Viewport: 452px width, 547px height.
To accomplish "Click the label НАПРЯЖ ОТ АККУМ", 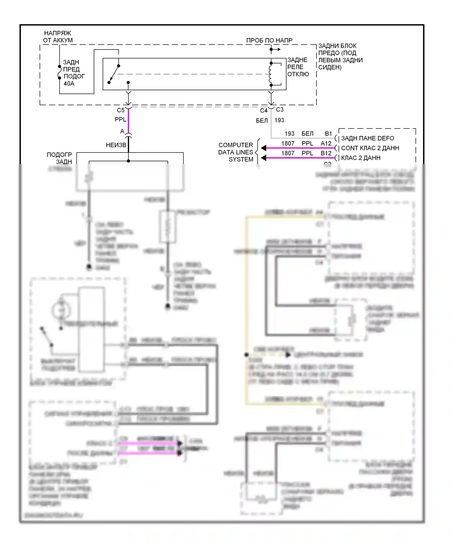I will coord(58,36).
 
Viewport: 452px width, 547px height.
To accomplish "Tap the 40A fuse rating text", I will coord(69,84).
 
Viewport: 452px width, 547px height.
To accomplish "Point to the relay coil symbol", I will coord(271,74).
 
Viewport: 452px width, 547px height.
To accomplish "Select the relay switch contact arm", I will coord(114,74).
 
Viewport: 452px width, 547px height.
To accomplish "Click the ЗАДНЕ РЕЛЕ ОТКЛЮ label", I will coord(298,67).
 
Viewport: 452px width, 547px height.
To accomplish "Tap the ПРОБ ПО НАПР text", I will coord(269,40).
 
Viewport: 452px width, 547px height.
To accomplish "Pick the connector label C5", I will coord(121,110).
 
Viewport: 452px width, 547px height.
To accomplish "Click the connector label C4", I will coord(264,111).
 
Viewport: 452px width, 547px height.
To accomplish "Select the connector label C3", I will coord(280,109).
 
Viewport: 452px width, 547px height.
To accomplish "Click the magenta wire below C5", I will coord(128,121).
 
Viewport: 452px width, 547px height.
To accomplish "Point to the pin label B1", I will coord(328,134).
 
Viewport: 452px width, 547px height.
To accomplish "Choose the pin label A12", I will coord(326,144).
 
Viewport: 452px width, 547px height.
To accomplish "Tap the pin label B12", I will coord(326,153).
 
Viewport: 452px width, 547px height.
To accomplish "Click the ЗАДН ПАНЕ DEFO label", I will coord(367,138).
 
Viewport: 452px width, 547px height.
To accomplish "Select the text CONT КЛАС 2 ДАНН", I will coord(370,148).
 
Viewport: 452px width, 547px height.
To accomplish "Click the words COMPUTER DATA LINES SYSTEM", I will coord(236,152).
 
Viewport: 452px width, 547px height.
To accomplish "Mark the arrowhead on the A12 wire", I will coord(264,148).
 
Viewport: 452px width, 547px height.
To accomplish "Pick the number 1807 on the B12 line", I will coord(288,153).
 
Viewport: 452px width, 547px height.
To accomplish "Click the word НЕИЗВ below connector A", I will coord(116,145).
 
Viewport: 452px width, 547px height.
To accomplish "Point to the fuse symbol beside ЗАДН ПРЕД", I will coord(60,72).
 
